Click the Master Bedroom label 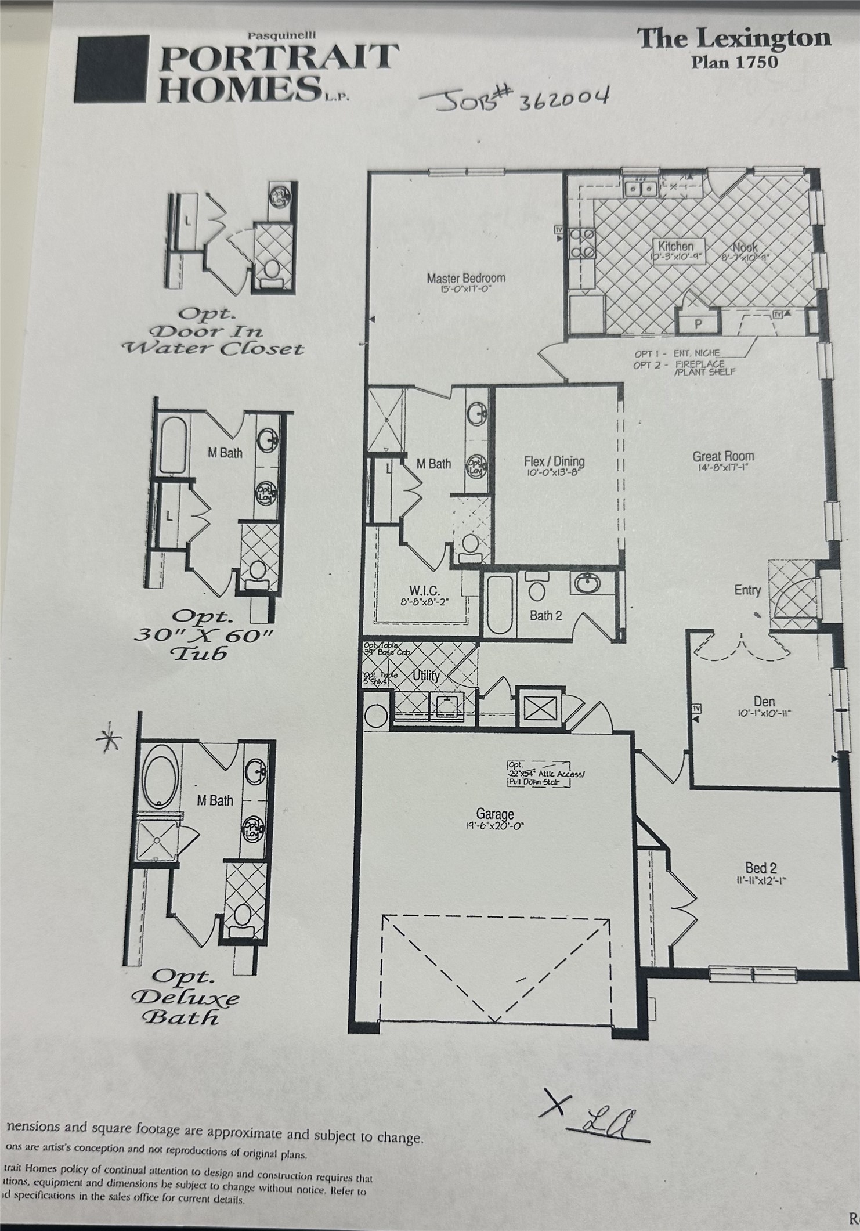465,278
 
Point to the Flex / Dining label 554,461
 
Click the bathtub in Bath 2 500,604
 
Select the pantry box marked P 699,324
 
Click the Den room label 764,702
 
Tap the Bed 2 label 760,868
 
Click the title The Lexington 734,39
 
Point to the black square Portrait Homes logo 110,68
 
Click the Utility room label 425,676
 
